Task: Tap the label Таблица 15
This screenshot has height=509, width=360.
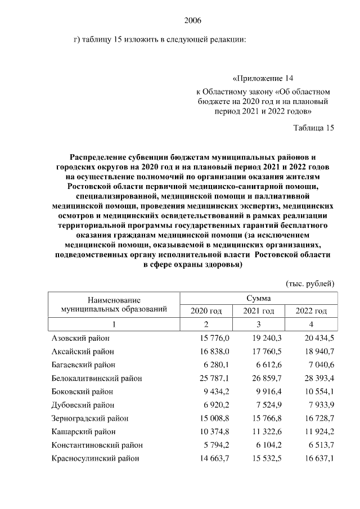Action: (314, 128)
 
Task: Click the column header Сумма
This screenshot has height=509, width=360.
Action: (258, 298)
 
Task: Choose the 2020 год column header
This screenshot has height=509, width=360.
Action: (206, 311)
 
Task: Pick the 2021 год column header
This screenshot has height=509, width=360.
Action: (258, 311)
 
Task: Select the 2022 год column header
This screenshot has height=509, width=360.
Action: (310, 311)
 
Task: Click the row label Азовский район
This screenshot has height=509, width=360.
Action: (80, 337)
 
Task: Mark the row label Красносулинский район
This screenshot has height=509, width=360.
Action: (95, 458)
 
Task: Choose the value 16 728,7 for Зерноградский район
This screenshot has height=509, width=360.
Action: (317, 418)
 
